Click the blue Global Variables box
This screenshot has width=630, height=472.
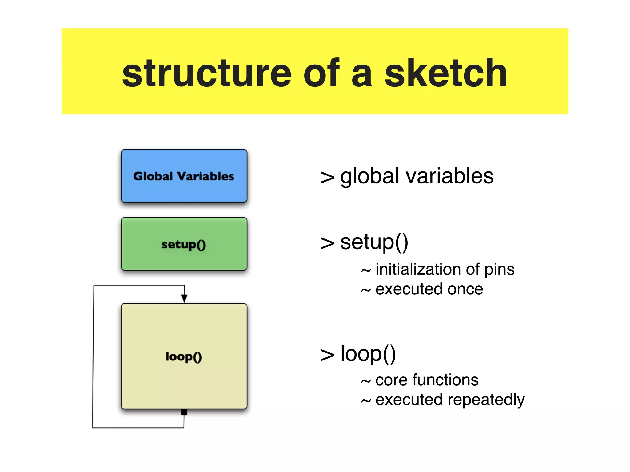point(184,176)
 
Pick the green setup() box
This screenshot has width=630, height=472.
point(184,244)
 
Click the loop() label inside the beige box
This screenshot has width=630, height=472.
point(184,356)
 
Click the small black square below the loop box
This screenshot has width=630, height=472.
point(184,412)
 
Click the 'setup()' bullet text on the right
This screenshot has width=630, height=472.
point(374,242)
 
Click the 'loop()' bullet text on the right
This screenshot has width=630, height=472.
point(368,354)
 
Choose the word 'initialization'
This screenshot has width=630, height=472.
point(418,269)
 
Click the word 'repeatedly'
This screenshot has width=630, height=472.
point(486,400)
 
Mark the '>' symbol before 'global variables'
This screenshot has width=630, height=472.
point(327,178)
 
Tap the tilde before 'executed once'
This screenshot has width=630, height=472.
point(366,290)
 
